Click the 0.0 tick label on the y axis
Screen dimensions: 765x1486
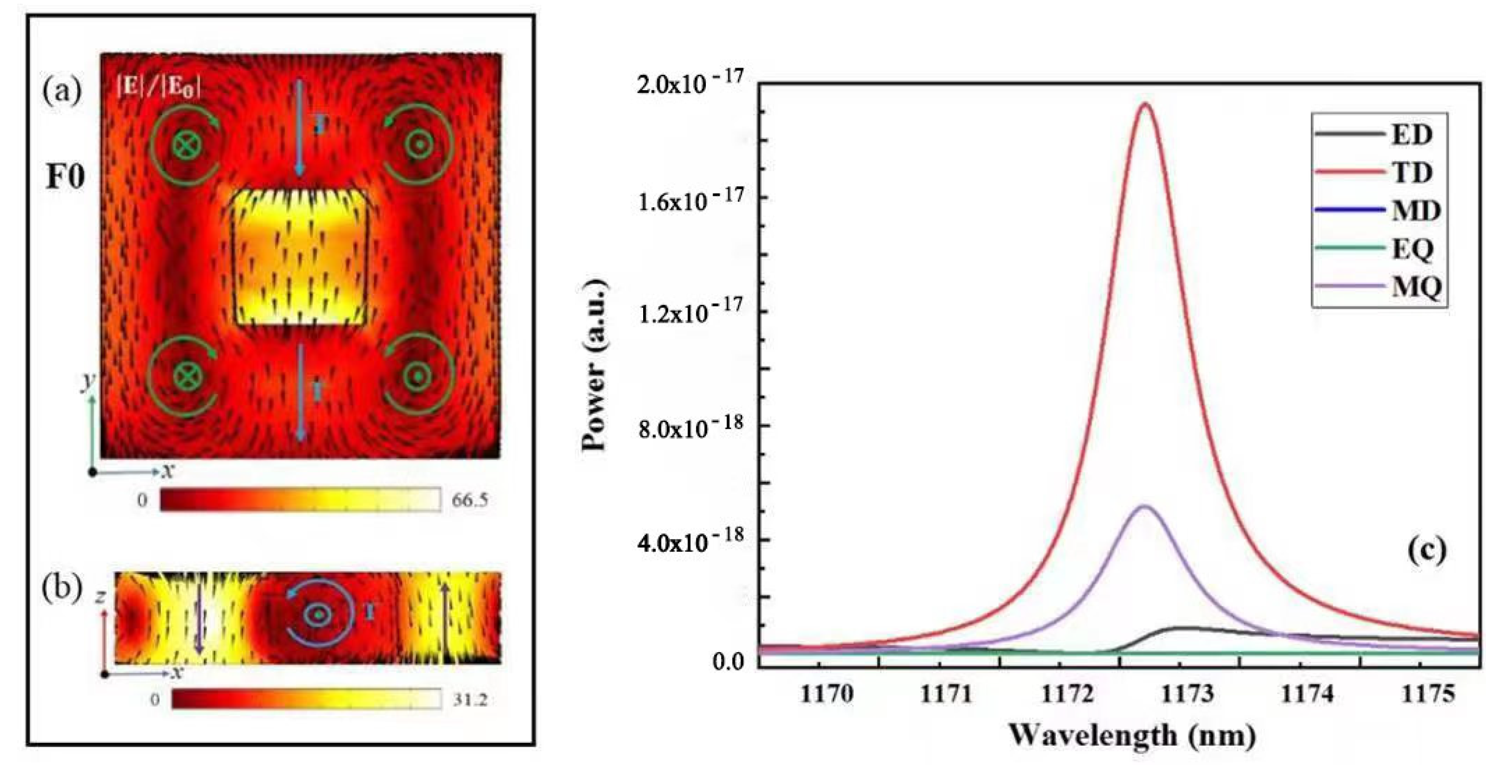[x=728, y=662]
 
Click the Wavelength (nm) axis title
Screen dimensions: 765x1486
[x=1132, y=736]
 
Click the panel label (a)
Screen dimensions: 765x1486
[x=62, y=91]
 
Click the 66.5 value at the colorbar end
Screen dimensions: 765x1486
[x=469, y=500]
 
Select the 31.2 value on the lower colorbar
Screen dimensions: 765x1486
[x=469, y=700]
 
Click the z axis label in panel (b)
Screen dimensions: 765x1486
[x=101, y=597]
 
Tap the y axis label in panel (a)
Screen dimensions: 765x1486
[x=88, y=382]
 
